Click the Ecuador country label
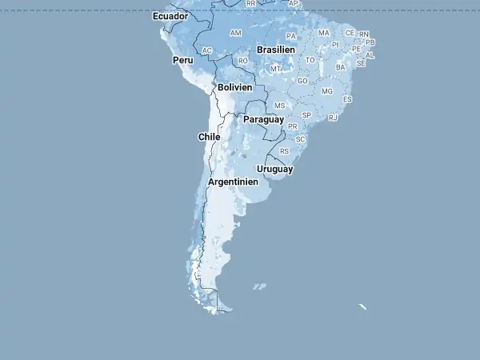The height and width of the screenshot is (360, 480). click(x=170, y=16)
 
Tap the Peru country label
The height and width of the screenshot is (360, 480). click(x=182, y=60)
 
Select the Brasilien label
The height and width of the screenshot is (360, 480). click(x=276, y=50)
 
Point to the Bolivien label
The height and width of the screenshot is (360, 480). click(x=235, y=87)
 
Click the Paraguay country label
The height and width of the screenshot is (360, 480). click(x=263, y=119)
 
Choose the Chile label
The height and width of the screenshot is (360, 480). click(x=209, y=137)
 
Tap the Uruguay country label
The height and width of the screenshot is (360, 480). click(x=274, y=170)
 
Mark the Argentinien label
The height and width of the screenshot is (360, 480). click(x=233, y=182)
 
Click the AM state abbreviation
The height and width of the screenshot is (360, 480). click(x=235, y=33)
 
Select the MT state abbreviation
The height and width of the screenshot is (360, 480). click(x=275, y=69)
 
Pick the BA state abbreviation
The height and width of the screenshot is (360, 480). click(x=341, y=67)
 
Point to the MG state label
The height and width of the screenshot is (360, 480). click(x=326, y=91)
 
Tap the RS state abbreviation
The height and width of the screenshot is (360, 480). click(x=284, y=151)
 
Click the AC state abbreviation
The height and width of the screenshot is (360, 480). click(x=207, y=50)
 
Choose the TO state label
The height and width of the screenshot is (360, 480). click(x=310, y=60)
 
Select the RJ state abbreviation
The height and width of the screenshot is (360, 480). click(x=333, y=118)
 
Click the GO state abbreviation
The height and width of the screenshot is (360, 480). click(x=302, y=81)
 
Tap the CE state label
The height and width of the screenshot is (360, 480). click(x=350, y=33)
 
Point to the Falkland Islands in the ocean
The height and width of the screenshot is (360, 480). click(x=259, y=286)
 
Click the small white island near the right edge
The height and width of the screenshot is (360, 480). click(x=362, y=306)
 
